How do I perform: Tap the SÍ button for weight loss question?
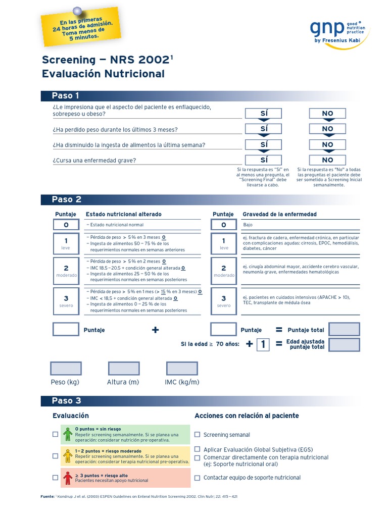pos(264,129)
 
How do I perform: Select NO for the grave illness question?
pos(327,160)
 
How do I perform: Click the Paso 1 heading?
pos(66,96)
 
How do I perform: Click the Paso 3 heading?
pos(66,401)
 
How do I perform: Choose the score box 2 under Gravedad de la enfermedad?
pos(224,271)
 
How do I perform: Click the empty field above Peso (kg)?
pos(66,369)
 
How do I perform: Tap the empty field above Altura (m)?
pos(124,369)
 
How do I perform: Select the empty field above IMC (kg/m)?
pos(182,369)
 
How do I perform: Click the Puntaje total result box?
pos(344,330)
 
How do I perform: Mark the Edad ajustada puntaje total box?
pos(344,345)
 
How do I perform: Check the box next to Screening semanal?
pos(198,434)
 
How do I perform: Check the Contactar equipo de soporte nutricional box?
pos(198,477)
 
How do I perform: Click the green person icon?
pos(68,434)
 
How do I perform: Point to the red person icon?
pos(68,477)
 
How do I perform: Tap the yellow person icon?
pos(68,455)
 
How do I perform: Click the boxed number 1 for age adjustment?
pos(263,345)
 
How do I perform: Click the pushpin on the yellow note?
pos(77,11)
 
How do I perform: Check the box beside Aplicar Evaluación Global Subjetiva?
pos(198,449)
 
